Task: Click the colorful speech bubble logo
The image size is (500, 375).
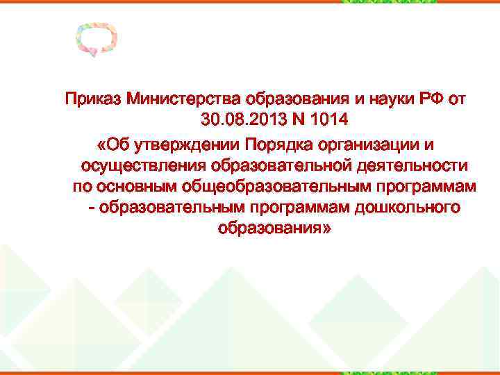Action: (x=97, y=40)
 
